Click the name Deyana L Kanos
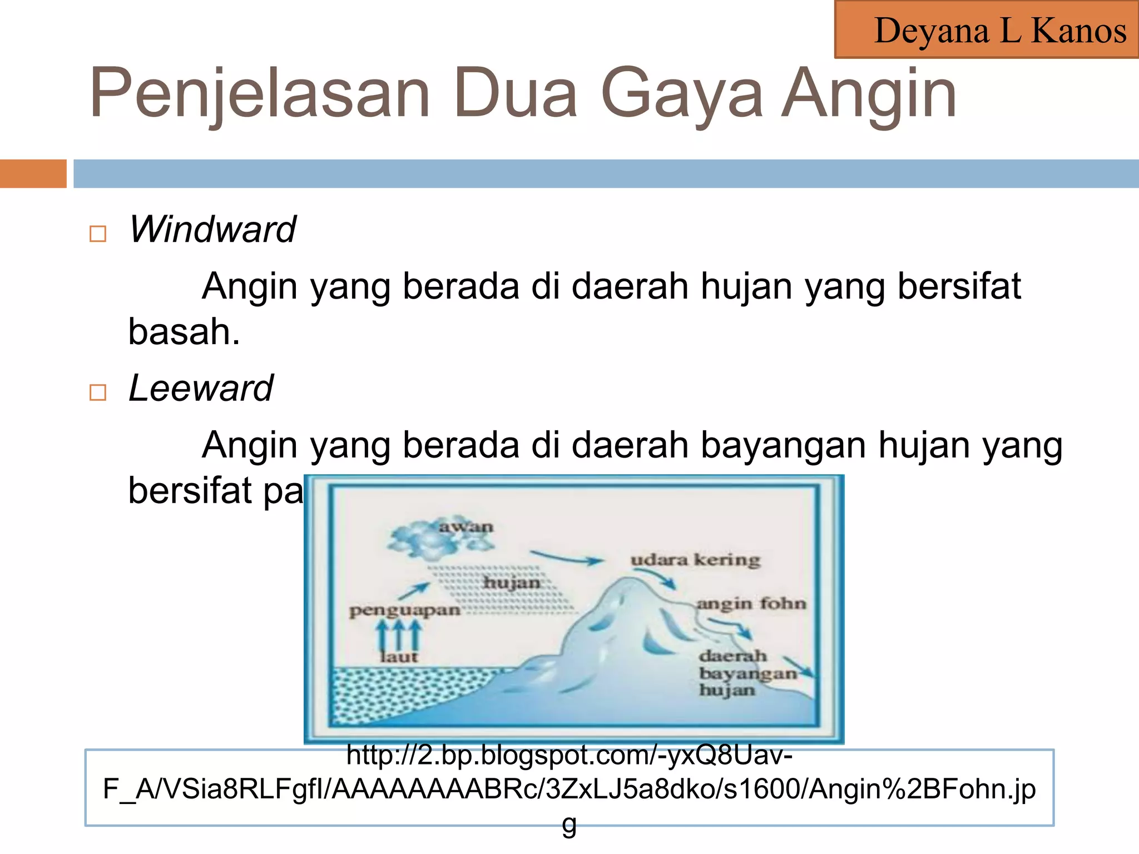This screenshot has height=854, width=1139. click(x=1000, y=31)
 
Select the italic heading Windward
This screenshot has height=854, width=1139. click(x=212, y=229)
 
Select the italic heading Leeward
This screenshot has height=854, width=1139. click(x=201, y=388)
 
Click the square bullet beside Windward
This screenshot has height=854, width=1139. click(x=98, y=234)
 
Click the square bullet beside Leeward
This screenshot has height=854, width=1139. click(x=98, y=393)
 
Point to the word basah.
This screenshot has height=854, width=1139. click(x=184, y=332)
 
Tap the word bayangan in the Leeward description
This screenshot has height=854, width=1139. click(x=783, y=445)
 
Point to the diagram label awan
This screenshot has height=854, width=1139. click(x=465, y=527)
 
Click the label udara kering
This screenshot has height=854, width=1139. click(x=695, y=560)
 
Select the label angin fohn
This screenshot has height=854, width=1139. click(x=751, y=604)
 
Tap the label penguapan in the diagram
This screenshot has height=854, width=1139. click(x=404, y=611)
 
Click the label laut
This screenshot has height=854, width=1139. click(x=398, y=657)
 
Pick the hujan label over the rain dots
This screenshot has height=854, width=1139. click(x=511, y=583)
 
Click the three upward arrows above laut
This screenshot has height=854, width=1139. click(x=398, y=635)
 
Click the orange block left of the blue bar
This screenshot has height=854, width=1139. click(x=33, y=173)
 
